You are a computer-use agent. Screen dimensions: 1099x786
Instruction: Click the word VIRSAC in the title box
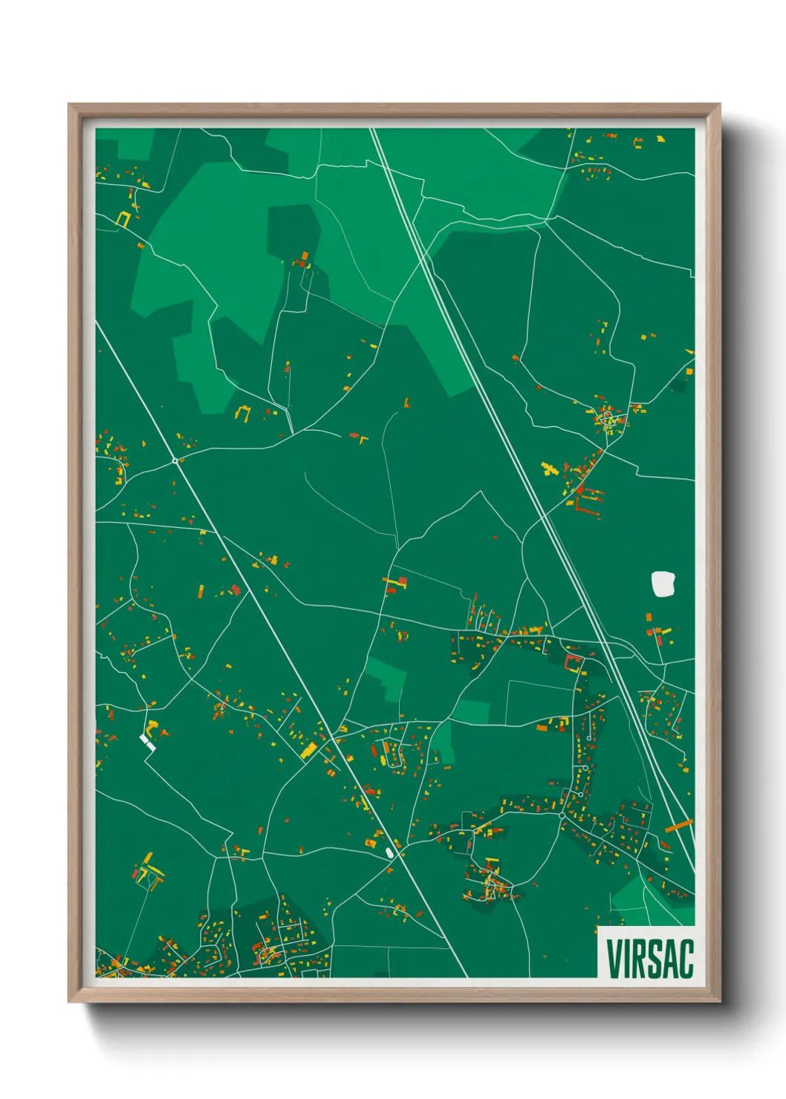coord(649,959)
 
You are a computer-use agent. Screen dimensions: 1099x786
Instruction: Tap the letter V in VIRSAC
coord(615,959)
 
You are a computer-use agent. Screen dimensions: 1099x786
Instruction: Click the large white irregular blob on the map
coord(663,584)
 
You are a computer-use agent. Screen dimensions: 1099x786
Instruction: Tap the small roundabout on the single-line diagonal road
coord(175,461)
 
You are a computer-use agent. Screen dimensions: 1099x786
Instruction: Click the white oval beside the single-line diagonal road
coord(389,852)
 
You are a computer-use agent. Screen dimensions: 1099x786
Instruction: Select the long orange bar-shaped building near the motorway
coord(678,826)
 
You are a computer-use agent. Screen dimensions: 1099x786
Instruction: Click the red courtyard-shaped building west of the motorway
coord(574,662)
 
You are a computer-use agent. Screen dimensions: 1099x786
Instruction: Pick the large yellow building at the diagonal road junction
coord(309,751)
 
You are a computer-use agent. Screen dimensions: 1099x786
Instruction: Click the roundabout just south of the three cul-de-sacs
coord(562,815)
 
